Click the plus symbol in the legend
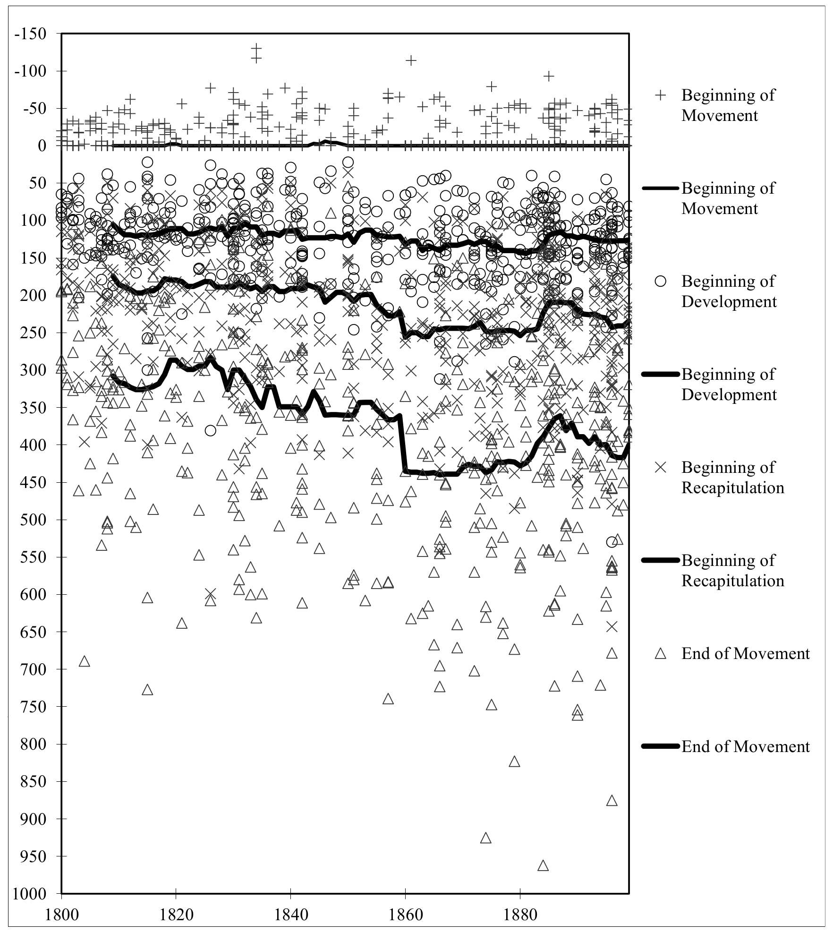coord(660,95)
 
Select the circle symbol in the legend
coord(660,282)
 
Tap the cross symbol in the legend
coord(660,468)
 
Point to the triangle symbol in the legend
coord(660,654)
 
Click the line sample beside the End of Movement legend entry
coord(660,747)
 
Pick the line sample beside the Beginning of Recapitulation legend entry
coord(660,561)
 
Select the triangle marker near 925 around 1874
coord(485,838)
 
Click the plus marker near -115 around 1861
coord(411,60)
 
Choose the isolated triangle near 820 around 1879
coord(514,761)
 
